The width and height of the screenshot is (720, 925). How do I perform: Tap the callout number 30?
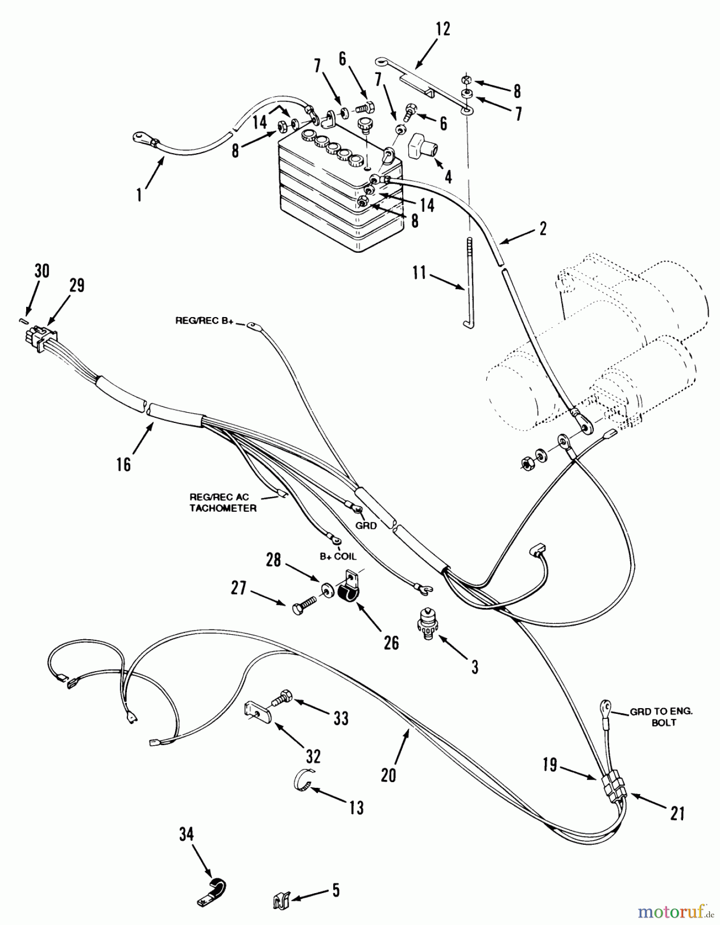coord(42,270)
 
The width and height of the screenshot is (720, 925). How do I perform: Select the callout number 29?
coord(77,286)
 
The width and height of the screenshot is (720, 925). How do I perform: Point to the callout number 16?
coord(124,464)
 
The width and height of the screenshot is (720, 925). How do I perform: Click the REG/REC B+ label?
coord(204,321)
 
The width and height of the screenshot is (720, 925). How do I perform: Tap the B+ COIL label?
coord(338,556)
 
